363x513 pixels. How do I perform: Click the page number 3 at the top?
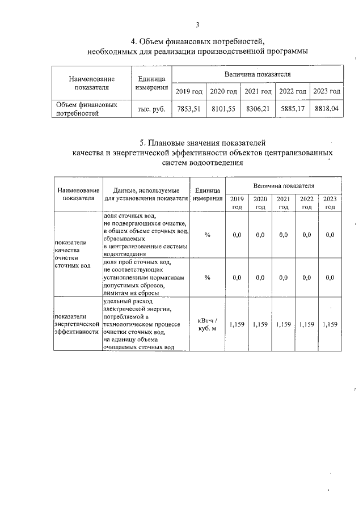(x=197, y=25)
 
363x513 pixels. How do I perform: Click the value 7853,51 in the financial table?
(x=189, y=109)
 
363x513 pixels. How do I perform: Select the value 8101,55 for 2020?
(x=223, y=109)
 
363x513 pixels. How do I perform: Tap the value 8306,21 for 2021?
(x=258, y=109)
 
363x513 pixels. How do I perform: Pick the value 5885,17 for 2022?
(x=293, y=109)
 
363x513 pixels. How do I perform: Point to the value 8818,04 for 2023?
(x=327, y=109)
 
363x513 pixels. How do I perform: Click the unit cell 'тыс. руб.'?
(x=151, y=109)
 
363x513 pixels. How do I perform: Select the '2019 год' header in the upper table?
(x=189, y=91)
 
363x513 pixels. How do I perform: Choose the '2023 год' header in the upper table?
(x=327, y=91)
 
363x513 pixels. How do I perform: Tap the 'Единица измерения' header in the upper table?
(x=151, y=83)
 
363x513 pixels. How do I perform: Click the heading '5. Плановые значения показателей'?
(x=202, y=142)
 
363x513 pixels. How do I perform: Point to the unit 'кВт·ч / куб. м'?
(x=208, y=325)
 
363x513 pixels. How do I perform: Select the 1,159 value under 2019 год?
(x=237, y=325)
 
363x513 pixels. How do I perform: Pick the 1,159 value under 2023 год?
(x=330, y=325)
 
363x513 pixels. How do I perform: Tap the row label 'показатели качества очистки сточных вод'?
(x=72, y=254)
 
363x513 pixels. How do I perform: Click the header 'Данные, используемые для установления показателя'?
(x=146, y=194)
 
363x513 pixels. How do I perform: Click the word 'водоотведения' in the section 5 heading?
(x=216, y=163)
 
